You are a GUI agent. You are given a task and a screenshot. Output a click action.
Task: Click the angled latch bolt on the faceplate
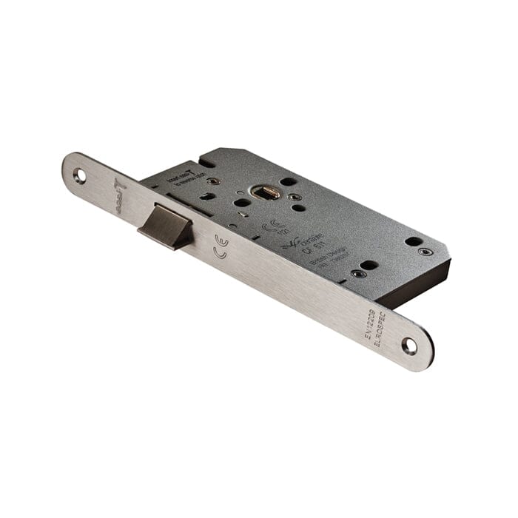tap(165, 223)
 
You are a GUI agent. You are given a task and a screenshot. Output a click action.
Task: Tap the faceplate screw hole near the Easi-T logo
tap(79, 176)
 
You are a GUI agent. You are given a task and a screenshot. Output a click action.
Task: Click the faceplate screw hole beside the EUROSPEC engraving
tap(409, 345)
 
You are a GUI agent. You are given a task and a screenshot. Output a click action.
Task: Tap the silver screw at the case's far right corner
tap(423, 252)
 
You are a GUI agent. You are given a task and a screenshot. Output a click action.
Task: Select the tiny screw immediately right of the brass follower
tap(294, 197)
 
